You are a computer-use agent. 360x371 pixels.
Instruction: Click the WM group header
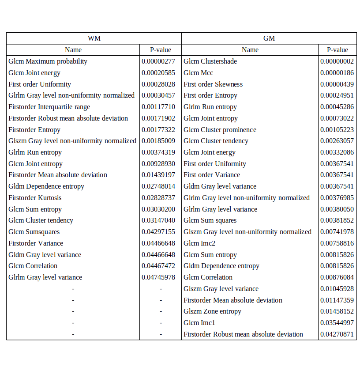coord(94,38)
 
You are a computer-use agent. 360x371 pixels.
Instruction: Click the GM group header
coord(269,38)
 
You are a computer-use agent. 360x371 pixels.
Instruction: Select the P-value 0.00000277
coord(158,61)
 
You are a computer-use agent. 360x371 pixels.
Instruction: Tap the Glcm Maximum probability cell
coord(48,61)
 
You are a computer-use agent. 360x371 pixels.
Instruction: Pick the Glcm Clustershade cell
coord(210,61)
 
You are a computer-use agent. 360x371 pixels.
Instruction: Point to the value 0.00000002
coord(337,61)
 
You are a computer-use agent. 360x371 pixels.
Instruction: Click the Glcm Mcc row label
coord(198,73)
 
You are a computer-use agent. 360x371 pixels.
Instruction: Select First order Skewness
coord(213,84)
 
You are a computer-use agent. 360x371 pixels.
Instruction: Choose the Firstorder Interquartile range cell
coord(49,107)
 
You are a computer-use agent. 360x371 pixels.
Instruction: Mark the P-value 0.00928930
coord(158,164)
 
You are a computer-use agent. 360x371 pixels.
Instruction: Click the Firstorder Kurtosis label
coord(35,198)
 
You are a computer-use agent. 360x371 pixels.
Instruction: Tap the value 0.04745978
coord(158,277)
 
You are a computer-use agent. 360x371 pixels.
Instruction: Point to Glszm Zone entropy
coord(212,311)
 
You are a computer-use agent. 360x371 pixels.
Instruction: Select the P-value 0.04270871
coord(337,334)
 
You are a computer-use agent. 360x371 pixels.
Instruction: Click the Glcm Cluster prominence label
coord(220,130)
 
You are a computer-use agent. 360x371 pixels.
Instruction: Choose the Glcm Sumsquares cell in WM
coord(34,232)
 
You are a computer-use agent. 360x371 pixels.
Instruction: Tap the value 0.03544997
coord(337,323)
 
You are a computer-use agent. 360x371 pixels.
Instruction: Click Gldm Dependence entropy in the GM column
coord(221,266)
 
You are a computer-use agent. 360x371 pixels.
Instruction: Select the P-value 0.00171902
coord(158,118)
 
